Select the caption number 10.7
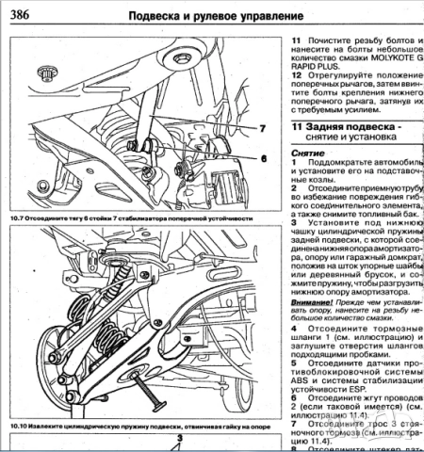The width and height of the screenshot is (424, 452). point(20,217)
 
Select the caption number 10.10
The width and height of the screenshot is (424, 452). point(22,427)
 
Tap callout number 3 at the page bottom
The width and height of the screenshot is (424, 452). point(150,440)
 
